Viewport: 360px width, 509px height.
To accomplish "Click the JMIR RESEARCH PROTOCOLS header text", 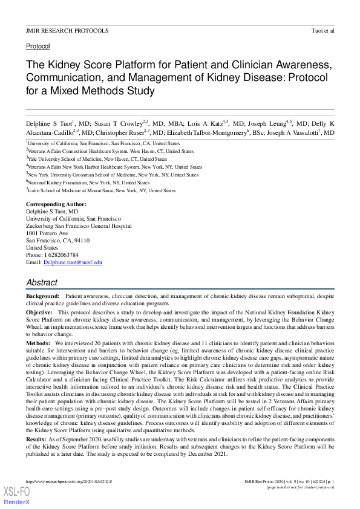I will click(67, 30).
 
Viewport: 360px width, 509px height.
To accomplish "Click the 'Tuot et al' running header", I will click(321, 30).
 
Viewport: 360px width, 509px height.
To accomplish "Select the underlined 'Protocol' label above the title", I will click(38, 46).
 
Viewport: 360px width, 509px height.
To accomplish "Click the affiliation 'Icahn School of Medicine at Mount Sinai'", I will click(71, 190).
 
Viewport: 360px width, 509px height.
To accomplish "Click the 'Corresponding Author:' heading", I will click(56, 204).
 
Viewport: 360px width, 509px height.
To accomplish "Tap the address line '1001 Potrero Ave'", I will click(47, 233).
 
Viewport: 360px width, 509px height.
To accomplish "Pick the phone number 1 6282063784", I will click(60, 255).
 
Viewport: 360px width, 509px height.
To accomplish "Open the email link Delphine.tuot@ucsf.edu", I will click(73, 262).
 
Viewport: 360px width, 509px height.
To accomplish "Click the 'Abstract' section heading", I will click(42, 282).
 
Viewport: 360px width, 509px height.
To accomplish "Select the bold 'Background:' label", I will click(43, 297).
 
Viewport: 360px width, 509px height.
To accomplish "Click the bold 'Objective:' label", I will click(39, 312).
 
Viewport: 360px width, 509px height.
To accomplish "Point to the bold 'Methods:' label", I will click(38, 342).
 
